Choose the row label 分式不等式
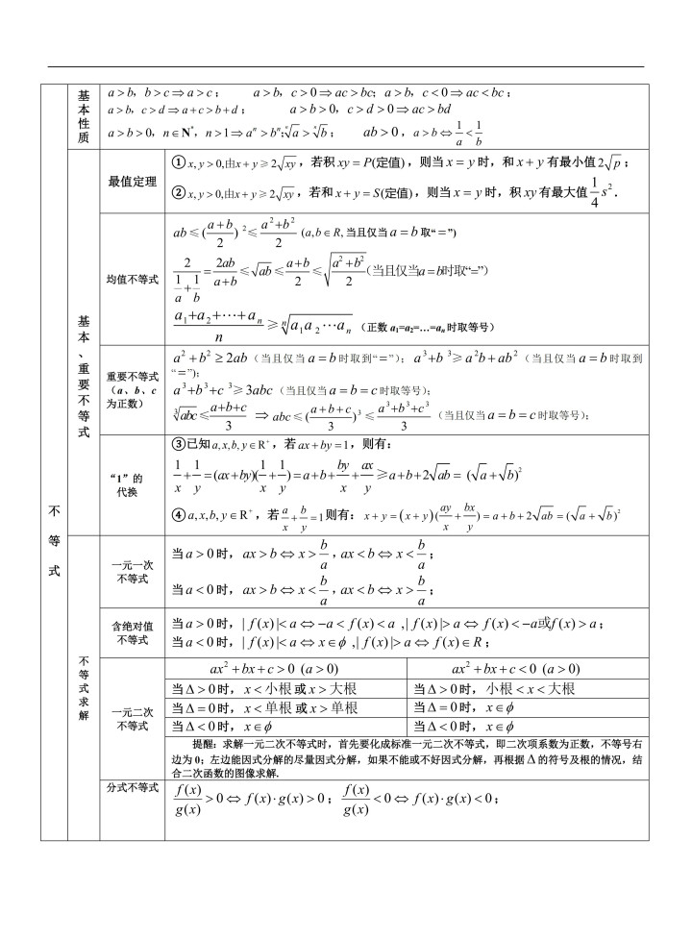point(133,788)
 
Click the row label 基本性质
point(83,117)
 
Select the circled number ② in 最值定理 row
point(178,192)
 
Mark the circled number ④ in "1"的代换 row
point(178,514)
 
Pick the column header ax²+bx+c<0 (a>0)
point(515,669)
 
